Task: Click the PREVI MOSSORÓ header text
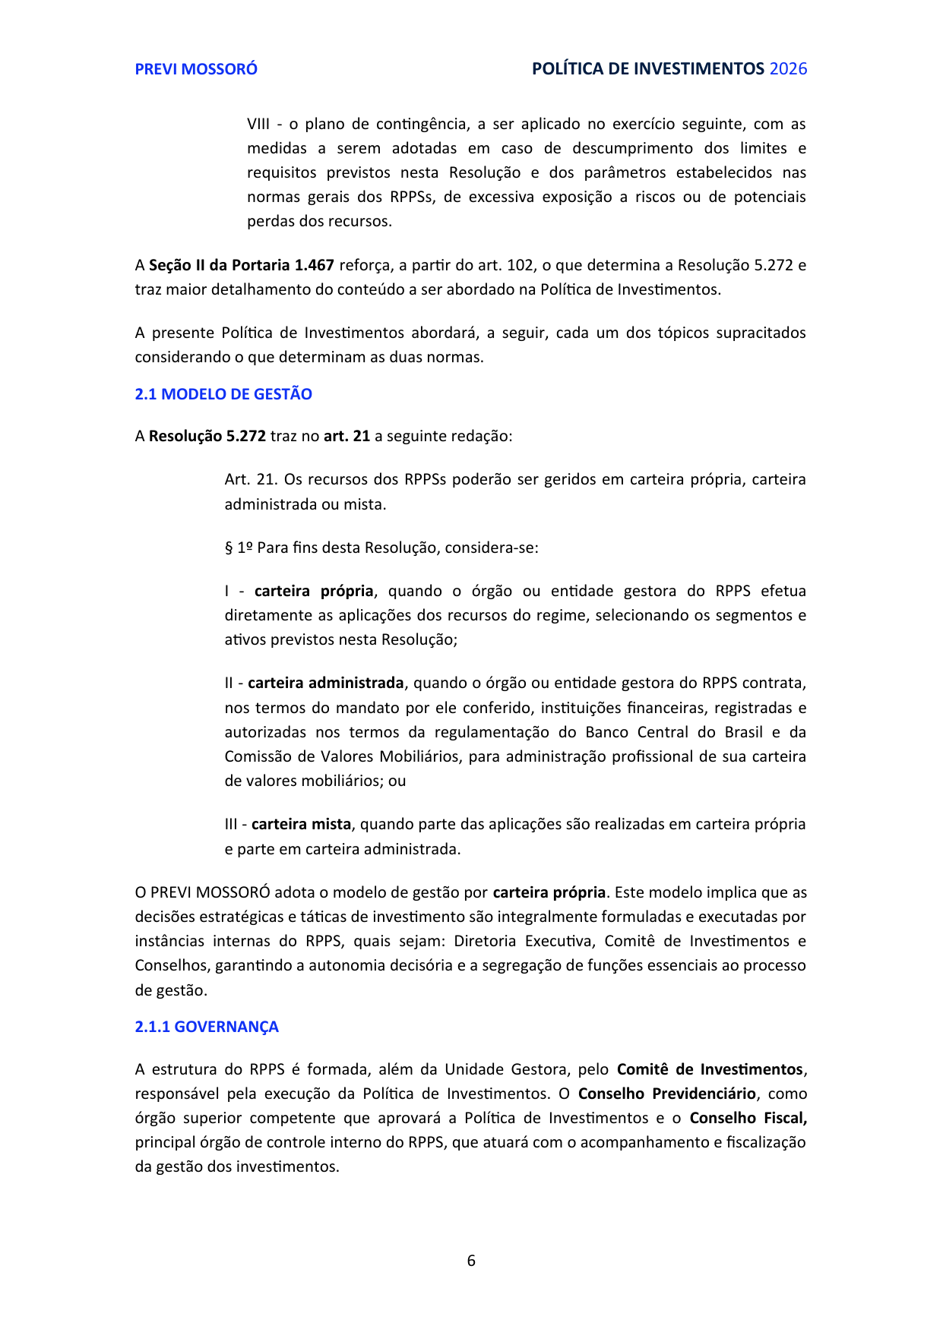pos(196,69)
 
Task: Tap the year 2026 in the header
pos(788,69)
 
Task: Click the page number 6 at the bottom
pos(471,1261)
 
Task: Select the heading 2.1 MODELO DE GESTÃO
pos(223,394)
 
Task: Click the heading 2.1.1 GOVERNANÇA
pos(207,1027)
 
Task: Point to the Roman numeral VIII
pos(258,124)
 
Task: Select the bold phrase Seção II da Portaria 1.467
pos(242,265)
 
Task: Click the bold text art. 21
pos(347,436)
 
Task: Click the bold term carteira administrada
pos(326,683)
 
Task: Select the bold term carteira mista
pos(301,824)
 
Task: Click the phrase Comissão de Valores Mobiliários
pos(342,756)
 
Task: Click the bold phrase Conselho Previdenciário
pos(666,1094)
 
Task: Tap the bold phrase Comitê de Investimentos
pos(710,1069)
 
